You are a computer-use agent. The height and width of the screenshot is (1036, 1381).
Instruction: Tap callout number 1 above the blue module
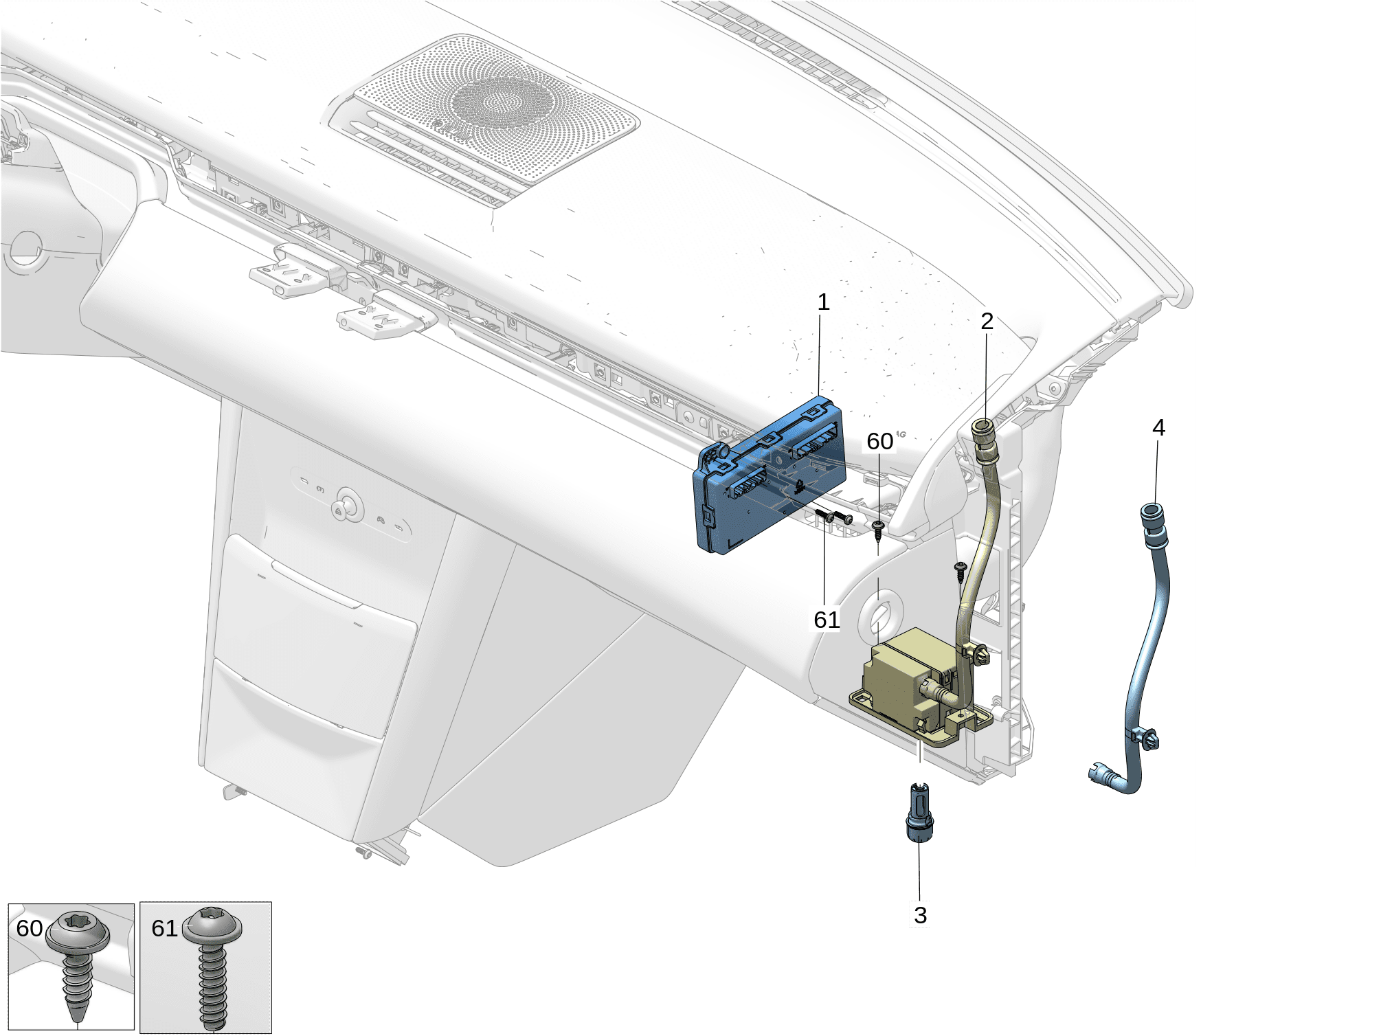823,302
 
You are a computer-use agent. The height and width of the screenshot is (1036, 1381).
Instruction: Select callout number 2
987,321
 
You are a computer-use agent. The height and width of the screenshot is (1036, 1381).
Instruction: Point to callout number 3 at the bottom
921,915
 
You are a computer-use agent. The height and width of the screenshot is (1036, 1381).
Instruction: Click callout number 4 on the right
1158,427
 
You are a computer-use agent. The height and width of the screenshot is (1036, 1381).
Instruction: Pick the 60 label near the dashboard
879,441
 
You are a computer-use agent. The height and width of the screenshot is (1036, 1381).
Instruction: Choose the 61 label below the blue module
827,620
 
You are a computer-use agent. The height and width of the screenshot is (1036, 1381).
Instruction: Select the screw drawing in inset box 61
212,965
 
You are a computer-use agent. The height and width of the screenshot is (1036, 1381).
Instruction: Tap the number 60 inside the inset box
30,928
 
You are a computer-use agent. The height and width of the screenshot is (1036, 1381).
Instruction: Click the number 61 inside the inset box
164,928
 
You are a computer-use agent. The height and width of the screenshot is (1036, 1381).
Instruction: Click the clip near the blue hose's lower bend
1143,737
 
